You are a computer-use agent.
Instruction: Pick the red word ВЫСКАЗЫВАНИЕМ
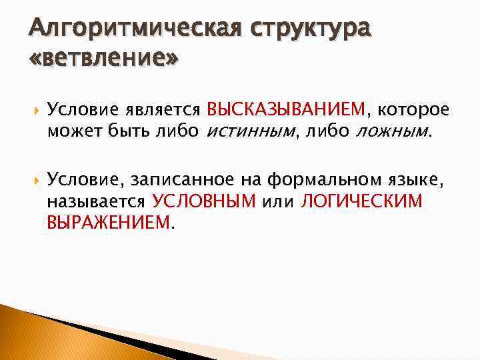[x=287, y=109]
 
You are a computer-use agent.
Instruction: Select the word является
[x=159, y=109]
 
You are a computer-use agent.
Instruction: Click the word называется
[x=97, y=201]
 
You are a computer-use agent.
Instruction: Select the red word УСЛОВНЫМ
[x=204, y=201]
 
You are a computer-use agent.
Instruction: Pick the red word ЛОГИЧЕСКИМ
[x=362, y=201]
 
